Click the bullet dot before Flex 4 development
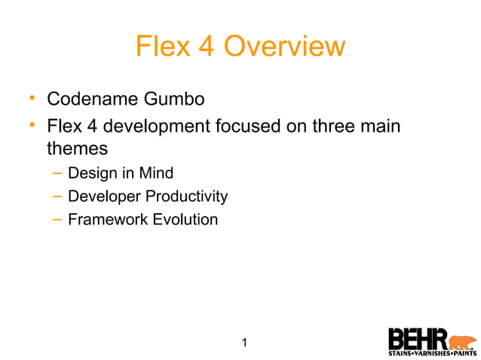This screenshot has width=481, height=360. pyautogui.click(x=32, y=124)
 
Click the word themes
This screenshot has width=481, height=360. pyautogui.click(x=77, y=148)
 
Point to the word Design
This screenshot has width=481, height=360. pyautogui.click(x=93, y=173)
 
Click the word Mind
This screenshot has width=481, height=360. pyautogui.click(x=156, y=173)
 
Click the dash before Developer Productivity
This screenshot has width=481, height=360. pyautogui.click(x=57, y=197)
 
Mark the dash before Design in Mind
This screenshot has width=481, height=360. pyautogui.click(x=57, y=173)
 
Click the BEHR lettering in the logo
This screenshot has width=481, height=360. pyautogui.click(x=418, y=338)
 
